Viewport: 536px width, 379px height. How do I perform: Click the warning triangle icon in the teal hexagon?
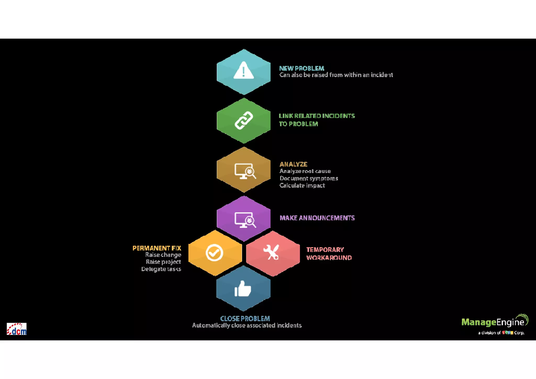(x=243, y=70)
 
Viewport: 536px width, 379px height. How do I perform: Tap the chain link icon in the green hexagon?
(x=244, y=120)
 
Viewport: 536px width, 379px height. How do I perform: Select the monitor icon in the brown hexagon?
(x=245, y=171)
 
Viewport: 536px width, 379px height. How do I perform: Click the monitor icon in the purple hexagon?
(x=245, y=220)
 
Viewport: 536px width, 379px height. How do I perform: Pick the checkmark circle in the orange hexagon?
(x=214, y=253)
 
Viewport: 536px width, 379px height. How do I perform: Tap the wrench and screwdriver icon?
(x=271, y=252)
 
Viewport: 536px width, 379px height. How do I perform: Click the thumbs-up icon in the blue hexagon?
(x=243, y=289)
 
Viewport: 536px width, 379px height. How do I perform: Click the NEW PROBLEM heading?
(x=301, y=68)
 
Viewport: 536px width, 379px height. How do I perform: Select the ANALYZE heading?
(x=293, y=164)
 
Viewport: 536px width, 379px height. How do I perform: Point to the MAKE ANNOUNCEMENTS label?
(x=317, y=218)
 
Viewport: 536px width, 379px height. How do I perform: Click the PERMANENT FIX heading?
(x=157, y=248)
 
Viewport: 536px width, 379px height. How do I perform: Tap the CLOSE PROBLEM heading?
(x=245, y=318)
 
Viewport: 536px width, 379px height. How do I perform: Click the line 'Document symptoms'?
(x=309, y=178)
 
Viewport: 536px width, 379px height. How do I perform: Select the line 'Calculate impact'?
(x=302, y=185)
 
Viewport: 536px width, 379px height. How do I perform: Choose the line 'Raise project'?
(x=163, y=262)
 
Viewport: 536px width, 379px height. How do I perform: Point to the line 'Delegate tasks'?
(x=161, y=269)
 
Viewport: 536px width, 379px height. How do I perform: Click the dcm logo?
(x=17, y=329)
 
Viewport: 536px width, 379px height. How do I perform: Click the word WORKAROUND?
(x=329, y=258)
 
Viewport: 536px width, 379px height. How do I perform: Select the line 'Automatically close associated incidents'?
(x=247, y=325)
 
